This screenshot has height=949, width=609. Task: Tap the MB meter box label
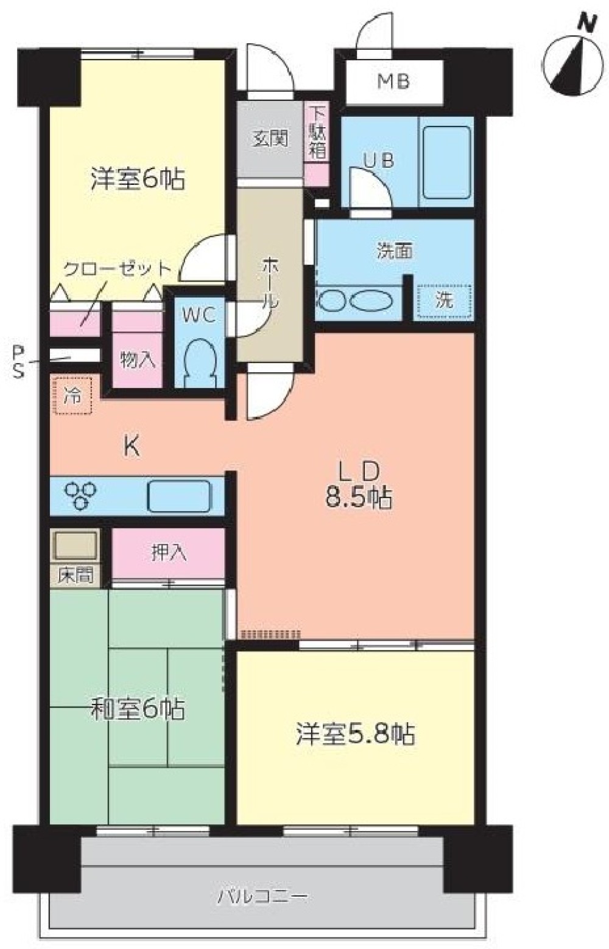(x=394, y=82)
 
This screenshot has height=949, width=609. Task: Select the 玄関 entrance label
(x=270, y=138)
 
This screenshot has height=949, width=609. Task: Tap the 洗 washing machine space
(x=444, y=301)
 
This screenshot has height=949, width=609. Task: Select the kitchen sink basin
(x=179, y=496)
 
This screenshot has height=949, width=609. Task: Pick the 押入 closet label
(x=169, y=553)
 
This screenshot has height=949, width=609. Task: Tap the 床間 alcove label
(x=75, y=575)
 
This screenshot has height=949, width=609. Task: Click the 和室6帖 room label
(x=138, y=709)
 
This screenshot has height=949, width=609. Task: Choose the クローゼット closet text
(x=118, y=269)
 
